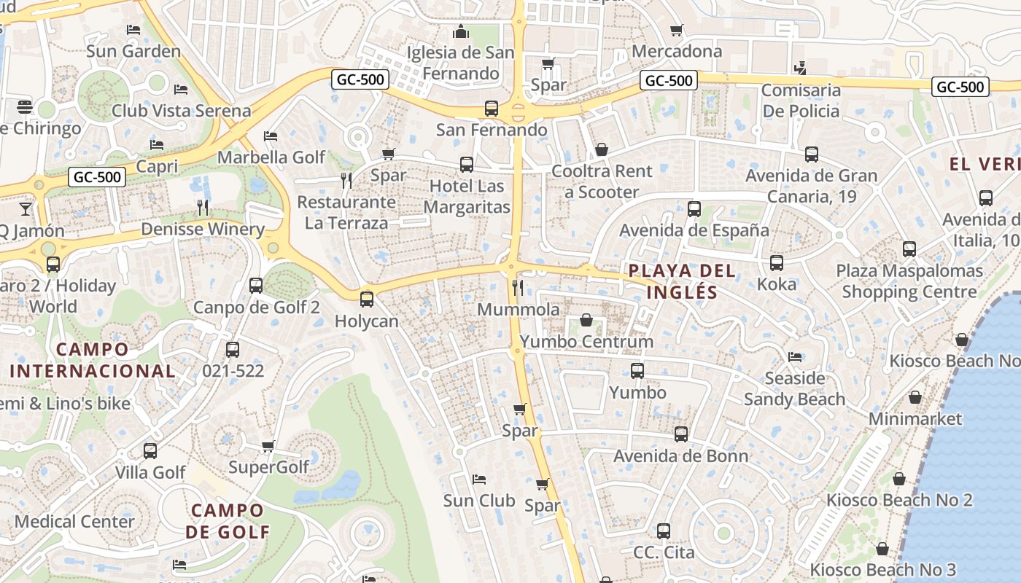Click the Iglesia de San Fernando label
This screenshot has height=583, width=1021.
click(x=460, y=63)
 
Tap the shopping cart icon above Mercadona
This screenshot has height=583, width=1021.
click(x=677, y=31)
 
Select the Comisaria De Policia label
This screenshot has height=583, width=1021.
click(x=801, y=101)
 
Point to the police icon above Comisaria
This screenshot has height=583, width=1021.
click(x=800, y=69)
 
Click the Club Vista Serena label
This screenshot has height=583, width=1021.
click(x=181, y=111)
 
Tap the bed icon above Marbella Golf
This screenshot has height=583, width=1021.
click(x=271, y=136)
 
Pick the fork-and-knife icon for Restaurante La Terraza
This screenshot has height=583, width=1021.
click(x=346, y=180)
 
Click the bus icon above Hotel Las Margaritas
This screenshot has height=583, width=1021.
click(x=467, y=165)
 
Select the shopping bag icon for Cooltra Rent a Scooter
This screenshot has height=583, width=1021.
click(x=602, y=149)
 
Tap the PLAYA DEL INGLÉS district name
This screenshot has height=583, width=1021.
click(x=681, y=281)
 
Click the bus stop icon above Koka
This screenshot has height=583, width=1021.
click(x=777, y=263)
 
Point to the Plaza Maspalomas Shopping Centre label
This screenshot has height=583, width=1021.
click(x=909, y=281)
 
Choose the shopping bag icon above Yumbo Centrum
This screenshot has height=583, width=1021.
click(x=586, y=320)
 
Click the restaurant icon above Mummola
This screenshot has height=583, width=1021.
click(x=518, y=287)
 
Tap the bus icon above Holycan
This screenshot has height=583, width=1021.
click(x=367, y=299)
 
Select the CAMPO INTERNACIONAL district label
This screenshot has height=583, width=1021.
click(x=92, y=360)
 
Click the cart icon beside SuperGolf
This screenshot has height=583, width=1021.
click(x=268, y=446)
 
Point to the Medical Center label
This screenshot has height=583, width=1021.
click(x=74, y=522)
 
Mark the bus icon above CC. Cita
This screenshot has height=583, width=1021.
click(x=664, y=531)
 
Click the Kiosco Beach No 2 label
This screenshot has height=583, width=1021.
click(x=898, y=500)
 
